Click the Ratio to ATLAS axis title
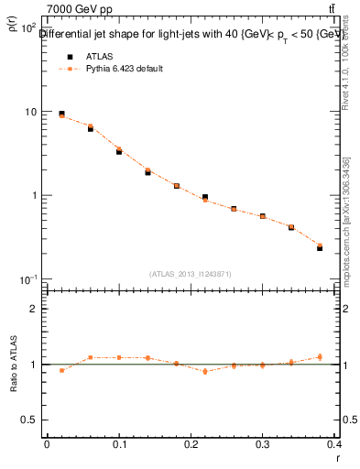pyautogui.click(x=12, y=393)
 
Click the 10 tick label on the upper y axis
pyautogui.click(x=30, y=112)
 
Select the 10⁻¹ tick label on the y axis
pyautogui.click(x=28, y=279)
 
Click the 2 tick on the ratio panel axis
pyautogui.click(x=36, y=309)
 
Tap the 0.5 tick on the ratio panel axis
pyautogui.click(x=31, y=420)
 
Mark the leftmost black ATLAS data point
pyautogui.click(x=61, y=114)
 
